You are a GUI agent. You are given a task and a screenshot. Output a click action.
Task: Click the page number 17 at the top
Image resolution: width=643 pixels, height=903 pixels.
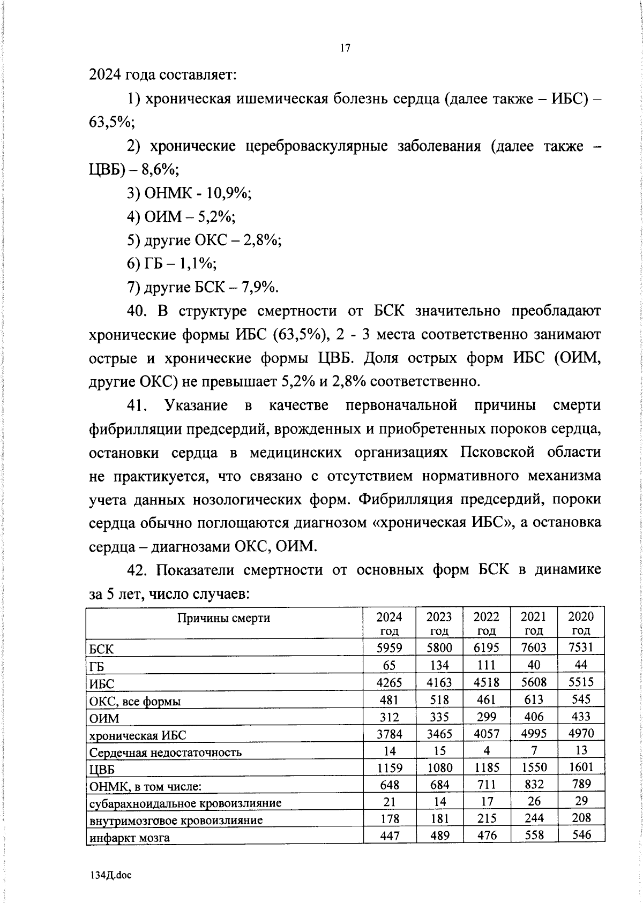pos(345,48)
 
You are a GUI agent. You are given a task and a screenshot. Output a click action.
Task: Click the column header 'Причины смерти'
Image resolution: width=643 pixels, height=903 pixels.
pos(223,618)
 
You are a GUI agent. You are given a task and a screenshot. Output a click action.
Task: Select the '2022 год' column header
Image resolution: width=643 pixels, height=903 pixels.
pos(487,623)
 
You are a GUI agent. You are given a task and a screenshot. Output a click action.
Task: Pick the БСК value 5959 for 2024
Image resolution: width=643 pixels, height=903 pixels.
pos(389,648)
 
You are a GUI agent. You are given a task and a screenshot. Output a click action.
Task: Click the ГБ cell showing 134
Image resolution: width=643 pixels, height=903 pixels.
pos(439,665)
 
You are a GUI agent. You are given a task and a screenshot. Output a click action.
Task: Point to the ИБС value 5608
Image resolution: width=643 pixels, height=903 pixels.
pos(534,682)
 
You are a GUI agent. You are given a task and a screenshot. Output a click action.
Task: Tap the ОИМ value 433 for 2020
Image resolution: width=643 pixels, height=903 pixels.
pos(581,716)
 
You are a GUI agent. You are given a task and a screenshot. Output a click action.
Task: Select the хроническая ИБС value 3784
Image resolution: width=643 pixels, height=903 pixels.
pos(389,733)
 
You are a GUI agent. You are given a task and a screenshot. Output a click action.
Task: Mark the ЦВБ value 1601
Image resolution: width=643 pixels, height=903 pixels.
pos(581,767)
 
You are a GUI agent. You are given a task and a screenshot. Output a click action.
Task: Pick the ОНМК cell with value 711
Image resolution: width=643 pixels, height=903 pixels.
pos(487,785)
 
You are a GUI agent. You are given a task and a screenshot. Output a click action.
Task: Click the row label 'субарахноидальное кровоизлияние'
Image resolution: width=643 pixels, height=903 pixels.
pos(185,803)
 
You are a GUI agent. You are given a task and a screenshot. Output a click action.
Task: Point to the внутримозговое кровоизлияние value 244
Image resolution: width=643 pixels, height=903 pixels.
pos(534,818)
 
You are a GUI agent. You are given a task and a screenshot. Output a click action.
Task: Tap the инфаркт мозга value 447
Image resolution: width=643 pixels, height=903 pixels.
pos(389,836)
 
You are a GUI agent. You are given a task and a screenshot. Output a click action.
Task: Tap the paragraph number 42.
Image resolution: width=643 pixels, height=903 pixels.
pos(137,570)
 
